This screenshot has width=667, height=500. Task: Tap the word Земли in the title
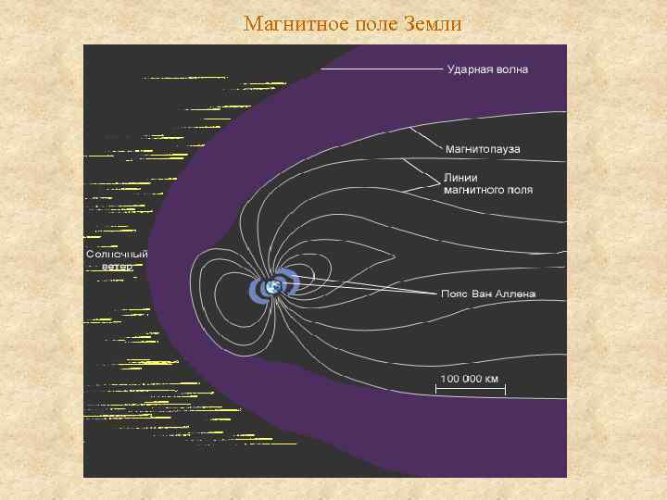pyautogui.click(x=433, y=23)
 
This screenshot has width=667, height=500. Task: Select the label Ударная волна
pyautogui.click(x=487, y=69)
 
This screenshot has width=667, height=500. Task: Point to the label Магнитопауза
pyautogui.click(x=483, y=149)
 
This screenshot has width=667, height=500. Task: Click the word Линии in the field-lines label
pyautogui.click(x=462, y=176)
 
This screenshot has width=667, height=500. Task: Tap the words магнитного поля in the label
pyautogui.click(x=488, y=190)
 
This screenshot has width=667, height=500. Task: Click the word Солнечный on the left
pyautogui.click(x=117, y=254)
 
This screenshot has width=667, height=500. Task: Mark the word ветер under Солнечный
pyautogui.click(x=118, y=266)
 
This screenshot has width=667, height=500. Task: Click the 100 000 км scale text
pyautogui.click(x=469, y=378)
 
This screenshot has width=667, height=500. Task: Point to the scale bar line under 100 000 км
pyautogui.click(x=470, y=390)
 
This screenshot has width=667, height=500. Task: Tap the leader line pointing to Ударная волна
pyautogui.click(x=380, y=69)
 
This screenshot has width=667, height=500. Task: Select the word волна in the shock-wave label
pyautogui.click(x=510, y=69)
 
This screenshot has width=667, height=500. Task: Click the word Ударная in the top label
pyautogui.click(x=469, y=69)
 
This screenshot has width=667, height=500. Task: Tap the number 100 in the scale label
pyautogui.click(x=448, y=378)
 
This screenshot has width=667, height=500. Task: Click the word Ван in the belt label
pyautogui.click(x=484, y=294)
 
